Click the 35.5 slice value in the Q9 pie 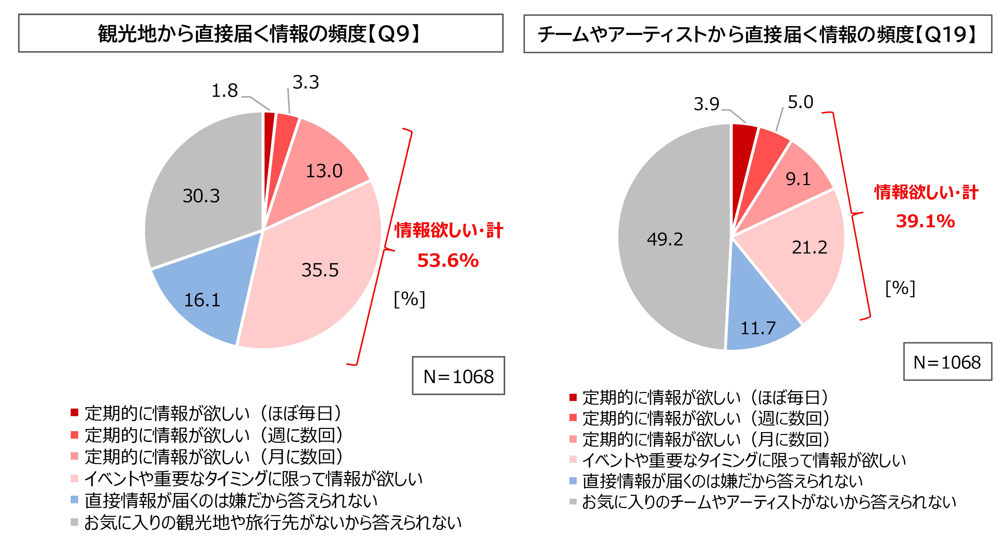320,270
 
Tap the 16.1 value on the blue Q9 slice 202,300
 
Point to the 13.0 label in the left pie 324,171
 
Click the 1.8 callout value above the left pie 225,91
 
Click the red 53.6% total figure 448,260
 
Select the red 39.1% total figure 925,221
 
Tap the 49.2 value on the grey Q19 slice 665,239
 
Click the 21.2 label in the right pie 809,248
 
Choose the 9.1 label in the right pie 798,179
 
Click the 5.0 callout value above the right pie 800,102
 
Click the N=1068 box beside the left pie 458,376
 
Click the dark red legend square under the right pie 573,397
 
